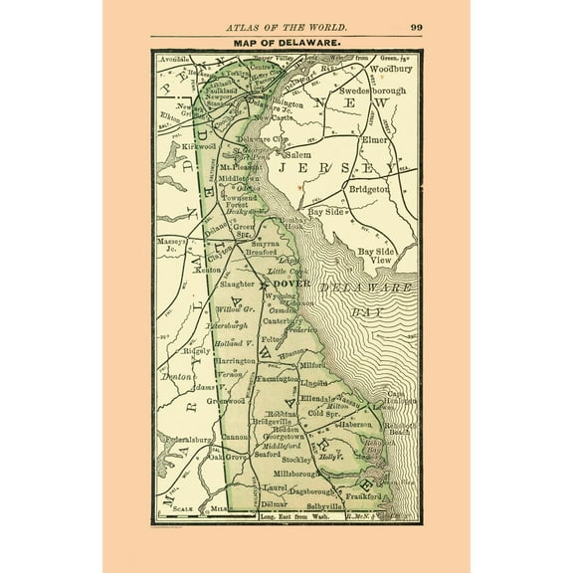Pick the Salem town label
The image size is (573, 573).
point(301,157)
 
